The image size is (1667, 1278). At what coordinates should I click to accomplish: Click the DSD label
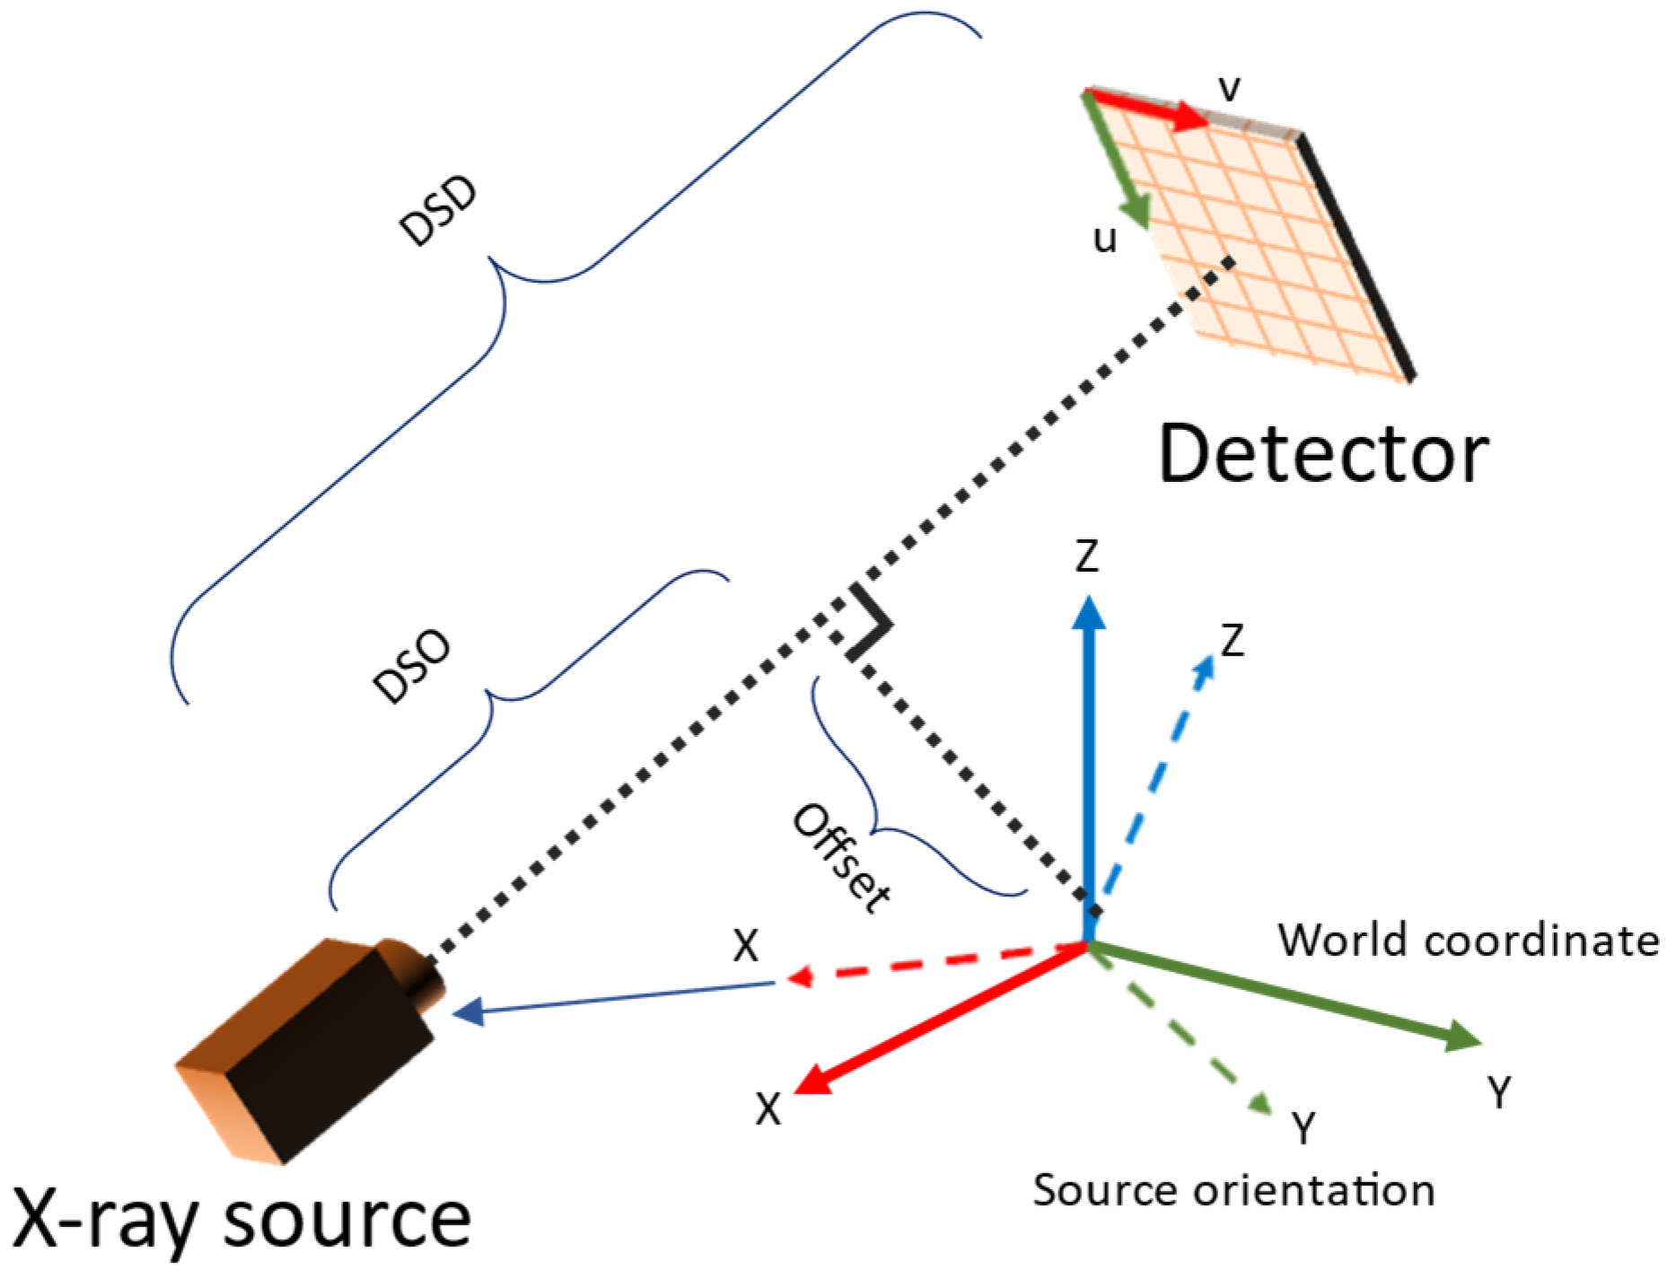(438, 213)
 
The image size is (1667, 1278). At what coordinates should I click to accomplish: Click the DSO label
(412, 666)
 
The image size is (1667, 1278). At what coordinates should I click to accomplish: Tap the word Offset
(842, 858)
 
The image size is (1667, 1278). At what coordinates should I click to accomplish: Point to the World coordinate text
(1469, 941)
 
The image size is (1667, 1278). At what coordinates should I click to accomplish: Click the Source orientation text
(1233, 1192)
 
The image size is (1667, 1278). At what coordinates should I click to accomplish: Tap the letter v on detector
(1229, 89)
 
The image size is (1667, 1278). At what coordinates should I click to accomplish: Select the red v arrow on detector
(1149, 108)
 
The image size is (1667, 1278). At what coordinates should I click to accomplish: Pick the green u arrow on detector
(1118, 162)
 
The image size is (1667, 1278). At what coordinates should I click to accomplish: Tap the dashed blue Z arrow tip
(1205, 668)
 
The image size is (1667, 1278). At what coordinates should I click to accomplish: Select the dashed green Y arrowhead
(1260, 1104)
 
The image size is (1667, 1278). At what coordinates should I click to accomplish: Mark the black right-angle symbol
(867, 624)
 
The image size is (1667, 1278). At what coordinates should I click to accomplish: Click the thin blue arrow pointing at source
(610, 999)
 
